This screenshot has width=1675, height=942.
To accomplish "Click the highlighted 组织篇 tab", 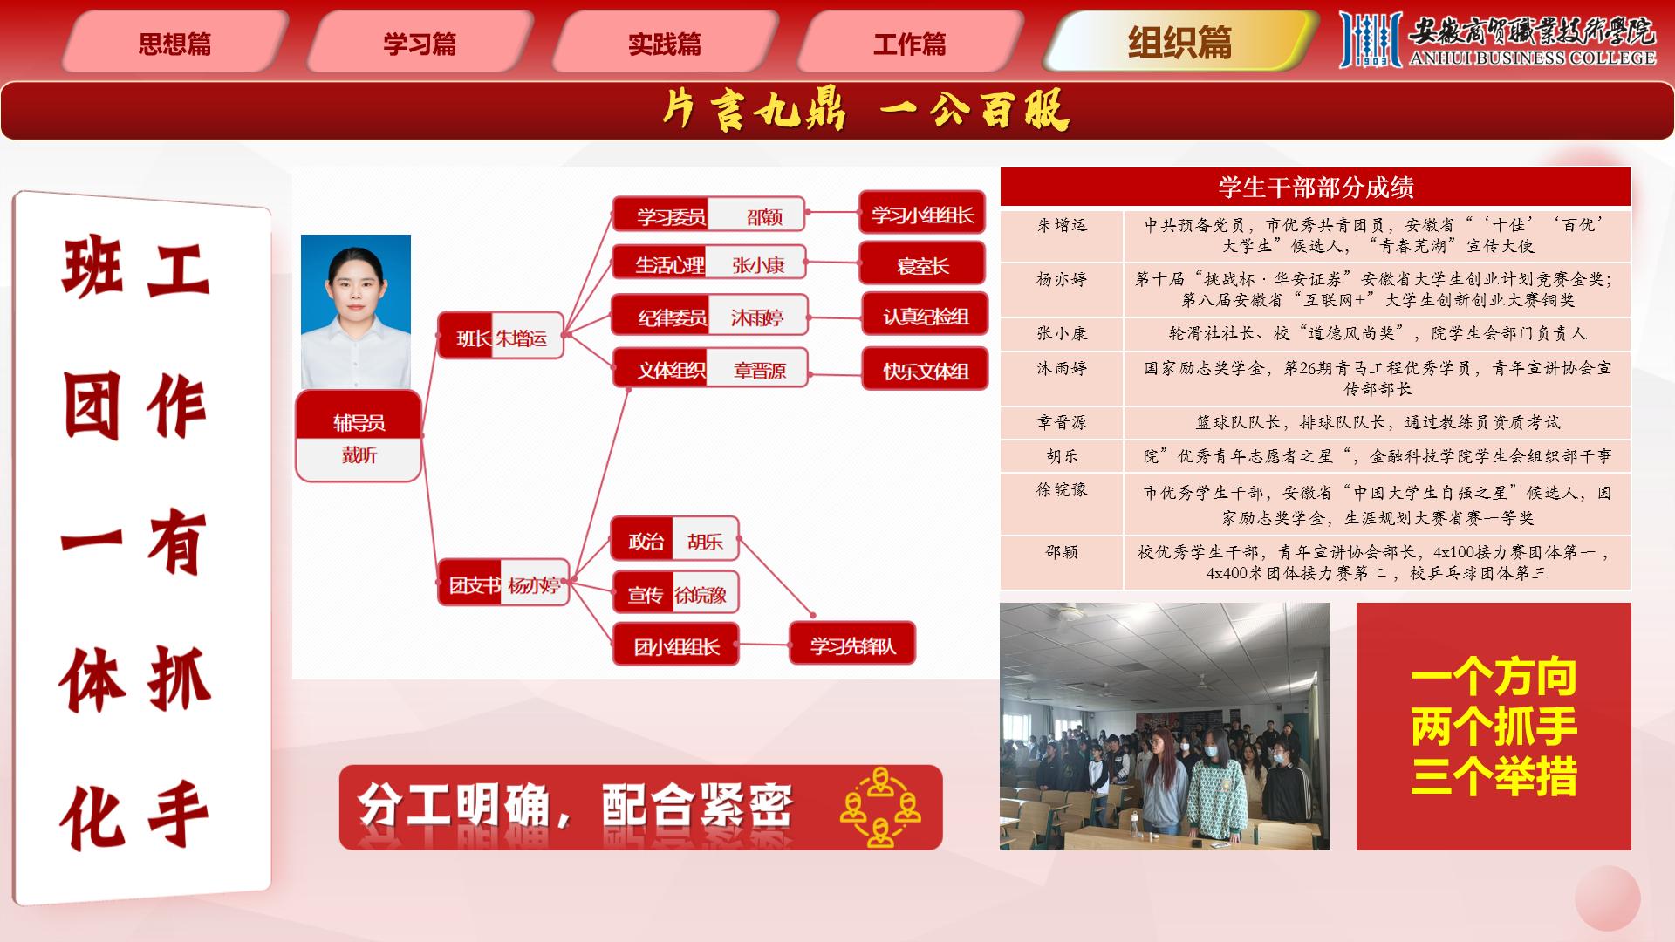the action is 1180,41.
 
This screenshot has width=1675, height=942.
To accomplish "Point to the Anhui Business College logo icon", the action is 1371,39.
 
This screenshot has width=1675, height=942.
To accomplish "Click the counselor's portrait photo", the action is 356,311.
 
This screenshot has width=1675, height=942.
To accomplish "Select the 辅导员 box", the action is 359,435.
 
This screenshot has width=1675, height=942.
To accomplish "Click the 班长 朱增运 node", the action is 500,335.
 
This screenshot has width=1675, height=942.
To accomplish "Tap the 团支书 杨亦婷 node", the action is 503,583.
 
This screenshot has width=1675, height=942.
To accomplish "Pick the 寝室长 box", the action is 922,263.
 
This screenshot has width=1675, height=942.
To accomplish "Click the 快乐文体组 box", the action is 926,369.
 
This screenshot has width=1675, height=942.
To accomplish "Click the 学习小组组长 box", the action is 922,213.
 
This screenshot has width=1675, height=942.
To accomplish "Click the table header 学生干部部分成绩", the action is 1316,187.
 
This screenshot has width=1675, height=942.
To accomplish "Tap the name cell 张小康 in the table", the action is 1062,333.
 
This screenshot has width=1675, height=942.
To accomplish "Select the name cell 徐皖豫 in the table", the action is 1062,489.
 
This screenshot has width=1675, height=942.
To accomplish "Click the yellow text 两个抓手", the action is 1494,726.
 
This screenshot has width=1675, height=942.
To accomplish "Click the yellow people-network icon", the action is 880,807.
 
